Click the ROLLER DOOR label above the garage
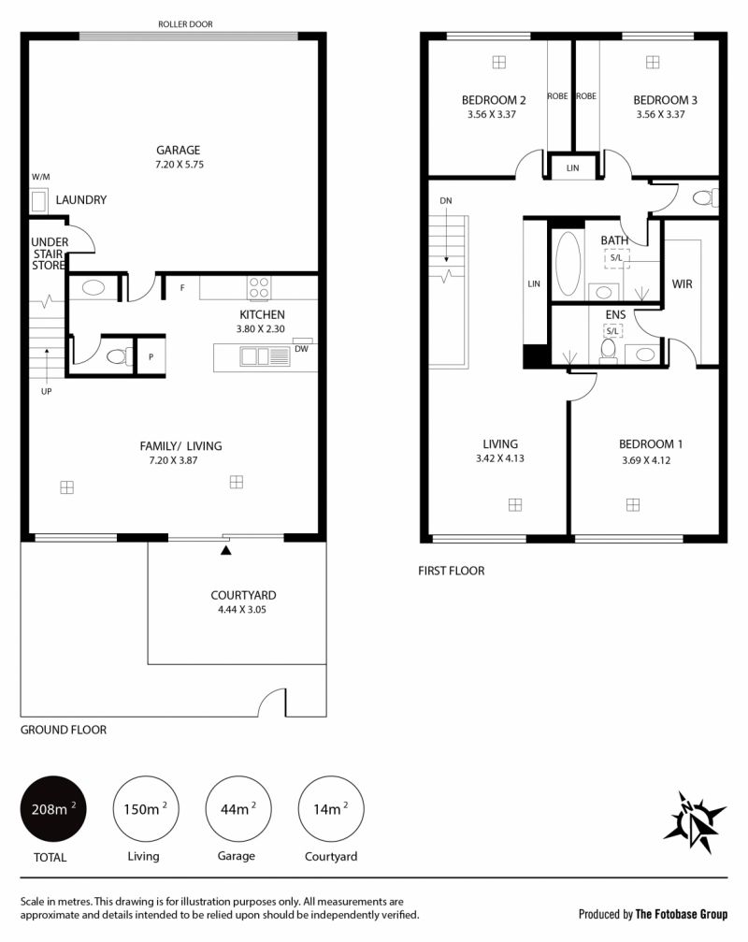(185, 24)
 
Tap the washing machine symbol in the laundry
(39, 201)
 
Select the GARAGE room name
(179, 151)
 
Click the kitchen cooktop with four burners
(259, 287)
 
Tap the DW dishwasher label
(301, 349)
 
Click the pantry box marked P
(151, 356)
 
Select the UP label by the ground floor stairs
(46, 391)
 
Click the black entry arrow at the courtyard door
(225, 550)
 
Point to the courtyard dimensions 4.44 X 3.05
(242, 609)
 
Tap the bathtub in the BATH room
(568, 263)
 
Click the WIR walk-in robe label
(682, 283)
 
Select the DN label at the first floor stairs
(445, 201)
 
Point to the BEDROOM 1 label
(651, 444)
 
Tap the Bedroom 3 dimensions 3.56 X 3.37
(660, 114)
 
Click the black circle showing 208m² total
(53, 808)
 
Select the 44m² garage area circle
(238, 808)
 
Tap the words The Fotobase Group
(682, 914)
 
